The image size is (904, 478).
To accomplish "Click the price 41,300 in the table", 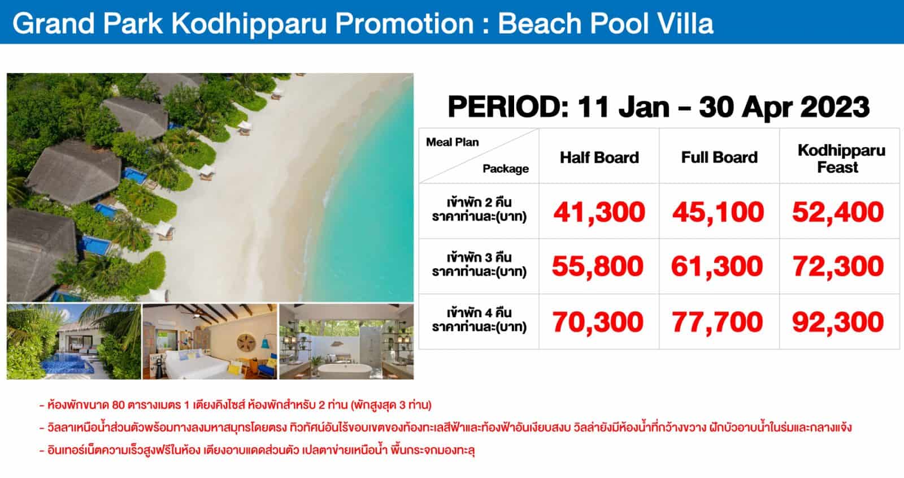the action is [x=599, y=212].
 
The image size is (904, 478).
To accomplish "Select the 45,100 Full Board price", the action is [x=718, y=212].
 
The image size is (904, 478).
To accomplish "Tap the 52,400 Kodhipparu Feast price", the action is [x=838, y=212].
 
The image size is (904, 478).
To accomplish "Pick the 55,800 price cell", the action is [x=598, y=266].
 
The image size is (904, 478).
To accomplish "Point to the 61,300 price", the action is [x=717, y=266].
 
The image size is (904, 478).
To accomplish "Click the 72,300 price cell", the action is [x=838, y=266].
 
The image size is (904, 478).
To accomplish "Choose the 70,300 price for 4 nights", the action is [x=598, y=322].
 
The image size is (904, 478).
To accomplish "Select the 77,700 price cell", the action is [x=717, y=322].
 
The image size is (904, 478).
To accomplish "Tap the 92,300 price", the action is [x=838, y=322].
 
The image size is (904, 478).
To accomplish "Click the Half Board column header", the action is [x=599, y=157].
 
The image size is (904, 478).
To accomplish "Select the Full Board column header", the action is [x=719, y=157].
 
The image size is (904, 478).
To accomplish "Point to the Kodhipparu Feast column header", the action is [x=841, y=158].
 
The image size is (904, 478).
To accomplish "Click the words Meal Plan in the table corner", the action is [x=453, y=142].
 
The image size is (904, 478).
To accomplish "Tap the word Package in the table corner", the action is [x=506, y=169].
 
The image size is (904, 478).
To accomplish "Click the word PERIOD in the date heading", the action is [x=508, y=107].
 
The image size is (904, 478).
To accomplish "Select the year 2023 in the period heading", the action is [x=835, y=107].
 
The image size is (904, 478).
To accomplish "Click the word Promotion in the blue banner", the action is [x=405, y=23].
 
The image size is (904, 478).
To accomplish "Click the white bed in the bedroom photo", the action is [x=198, y=364].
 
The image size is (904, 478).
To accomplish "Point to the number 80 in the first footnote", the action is [x=118, y=405].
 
